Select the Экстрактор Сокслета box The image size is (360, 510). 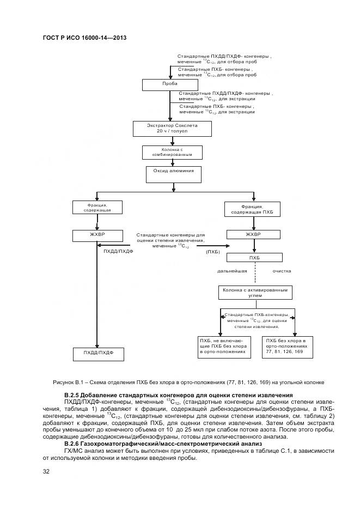tap(172, 128)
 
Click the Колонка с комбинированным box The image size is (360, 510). tap(173, 152)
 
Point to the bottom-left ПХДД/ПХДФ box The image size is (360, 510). tap(99, 354)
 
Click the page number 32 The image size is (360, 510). tap(46, 471)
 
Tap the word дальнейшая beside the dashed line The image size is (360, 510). tap(233, 271)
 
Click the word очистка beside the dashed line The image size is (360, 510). tap(282, 271)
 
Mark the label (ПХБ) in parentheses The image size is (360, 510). tap(213, 252)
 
